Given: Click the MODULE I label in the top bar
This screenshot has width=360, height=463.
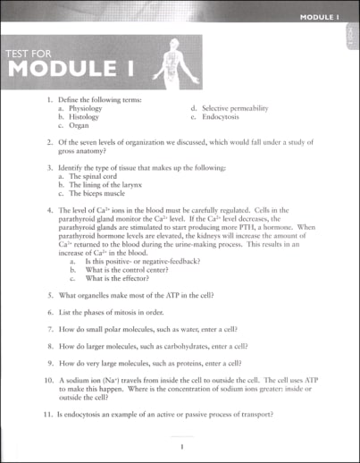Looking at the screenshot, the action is click(321, 17).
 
